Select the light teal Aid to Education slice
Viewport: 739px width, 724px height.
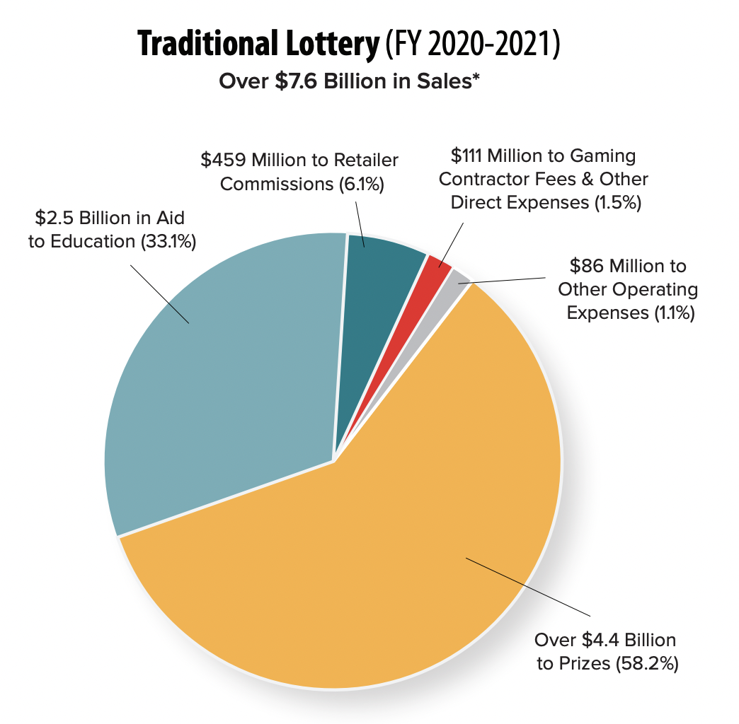tap(227, 375)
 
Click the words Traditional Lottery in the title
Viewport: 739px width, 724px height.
tap(258, 45)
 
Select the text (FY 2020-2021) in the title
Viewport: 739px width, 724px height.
tap(472, 45)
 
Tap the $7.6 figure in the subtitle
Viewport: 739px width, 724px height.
tap(305, 81)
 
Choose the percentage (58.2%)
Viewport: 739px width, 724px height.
tap(648, 664)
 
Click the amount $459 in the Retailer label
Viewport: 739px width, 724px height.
tap(220, 160)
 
